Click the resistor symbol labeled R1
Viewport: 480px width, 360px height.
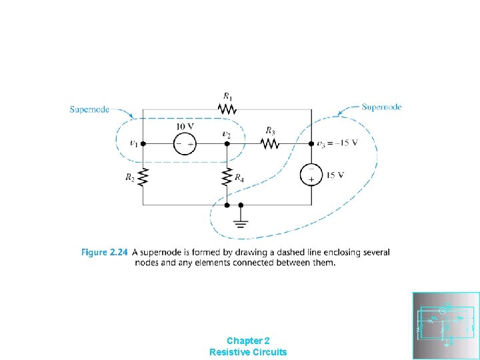pos(227,109)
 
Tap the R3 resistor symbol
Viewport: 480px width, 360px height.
pos(269,143)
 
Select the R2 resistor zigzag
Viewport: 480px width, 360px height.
pos(144,178)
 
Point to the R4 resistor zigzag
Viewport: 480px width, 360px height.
pos(227,178)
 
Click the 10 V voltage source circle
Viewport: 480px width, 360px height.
pos(185,143)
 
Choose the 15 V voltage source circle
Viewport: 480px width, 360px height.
pos(311,175)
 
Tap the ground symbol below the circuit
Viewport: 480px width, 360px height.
pos(241,222)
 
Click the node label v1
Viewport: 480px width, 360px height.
pos(134,143)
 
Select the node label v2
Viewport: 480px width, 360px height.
pos(227,134)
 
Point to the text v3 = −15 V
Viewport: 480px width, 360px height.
pos(337,143)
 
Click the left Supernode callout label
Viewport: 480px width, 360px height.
pos(89,109)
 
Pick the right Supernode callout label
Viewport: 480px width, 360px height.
pos(381,107)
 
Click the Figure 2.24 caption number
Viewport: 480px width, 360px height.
pos(103,252)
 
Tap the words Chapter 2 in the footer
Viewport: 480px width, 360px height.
pos(248,340)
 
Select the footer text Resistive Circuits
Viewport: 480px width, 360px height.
pos(248,351)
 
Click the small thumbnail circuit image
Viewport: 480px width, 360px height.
pos(445,326)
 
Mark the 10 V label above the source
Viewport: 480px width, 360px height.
pos(185,127)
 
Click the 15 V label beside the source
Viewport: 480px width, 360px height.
pos(335,175)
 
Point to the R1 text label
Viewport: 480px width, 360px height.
pos(228,96)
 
